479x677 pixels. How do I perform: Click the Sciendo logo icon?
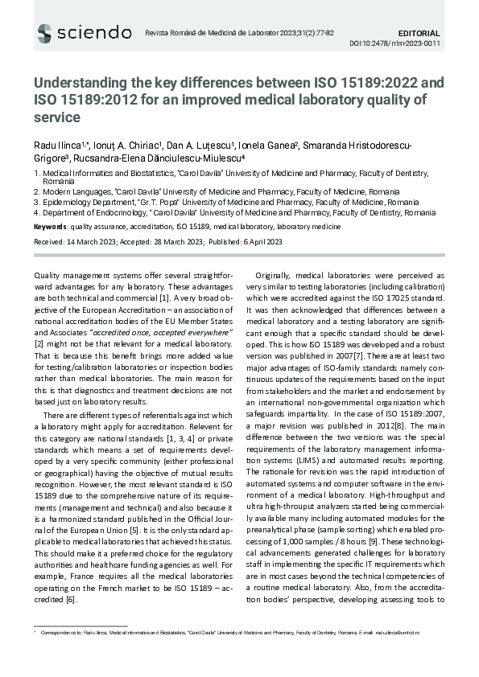point(44,33)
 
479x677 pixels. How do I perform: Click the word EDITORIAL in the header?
point(419,33)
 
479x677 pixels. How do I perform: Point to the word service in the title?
point(57,117)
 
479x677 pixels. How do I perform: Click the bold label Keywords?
point(51,228)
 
